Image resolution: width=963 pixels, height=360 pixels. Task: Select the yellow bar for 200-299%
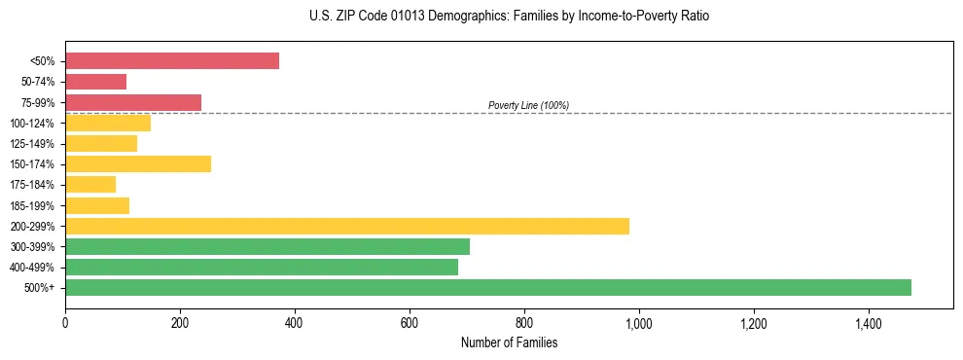coord(347,226)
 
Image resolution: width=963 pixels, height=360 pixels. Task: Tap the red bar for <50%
coord(172,61)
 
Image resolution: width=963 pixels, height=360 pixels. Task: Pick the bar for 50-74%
coord(95,82)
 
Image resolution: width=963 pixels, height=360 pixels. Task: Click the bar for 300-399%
coord(267,246)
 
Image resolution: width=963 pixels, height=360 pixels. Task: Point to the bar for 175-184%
coord(90,185)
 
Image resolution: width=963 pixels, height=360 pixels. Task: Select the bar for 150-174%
coord(138,164)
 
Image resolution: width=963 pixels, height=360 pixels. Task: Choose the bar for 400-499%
coord(262,267)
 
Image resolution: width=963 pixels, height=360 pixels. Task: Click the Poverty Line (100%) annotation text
coord(528,105)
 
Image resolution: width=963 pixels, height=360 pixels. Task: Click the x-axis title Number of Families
coord(509,342)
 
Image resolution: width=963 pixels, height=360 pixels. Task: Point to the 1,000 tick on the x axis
coord(639,323)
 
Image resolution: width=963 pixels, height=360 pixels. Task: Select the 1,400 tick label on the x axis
coord(869,323)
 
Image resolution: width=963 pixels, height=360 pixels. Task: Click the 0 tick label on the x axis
coord(65,323)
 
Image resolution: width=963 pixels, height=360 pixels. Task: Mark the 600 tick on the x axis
coord(410,323)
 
